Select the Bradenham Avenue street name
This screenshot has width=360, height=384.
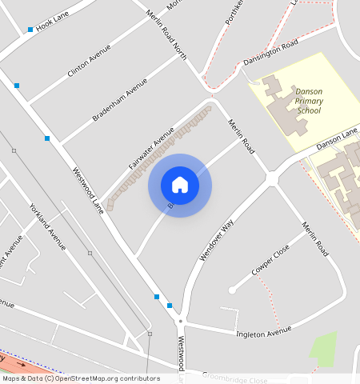120,100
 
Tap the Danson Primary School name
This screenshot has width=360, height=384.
308,101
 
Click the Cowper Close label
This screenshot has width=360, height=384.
270,262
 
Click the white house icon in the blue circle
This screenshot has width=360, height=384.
180,185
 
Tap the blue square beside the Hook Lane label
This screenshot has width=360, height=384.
30,30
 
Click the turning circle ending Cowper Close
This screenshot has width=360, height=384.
231,290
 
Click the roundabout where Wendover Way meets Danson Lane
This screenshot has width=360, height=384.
271,178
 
